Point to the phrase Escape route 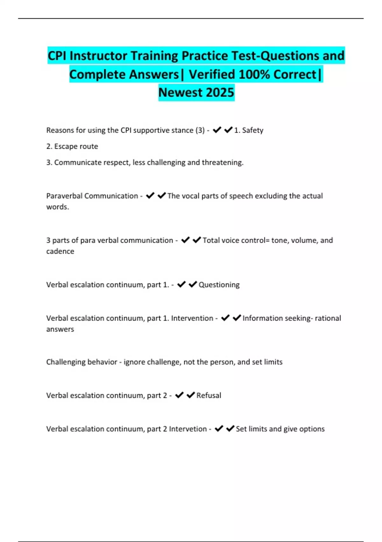tap(76, 146)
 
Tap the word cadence tap(60, 251)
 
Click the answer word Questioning tap(219, 285)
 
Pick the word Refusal tap(209, 395)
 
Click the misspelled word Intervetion tap(188, 429)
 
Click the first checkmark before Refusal tap(180, 395)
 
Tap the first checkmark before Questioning tap(181, 284)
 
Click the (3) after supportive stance tap(200, 130)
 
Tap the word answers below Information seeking tap(60, 329)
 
